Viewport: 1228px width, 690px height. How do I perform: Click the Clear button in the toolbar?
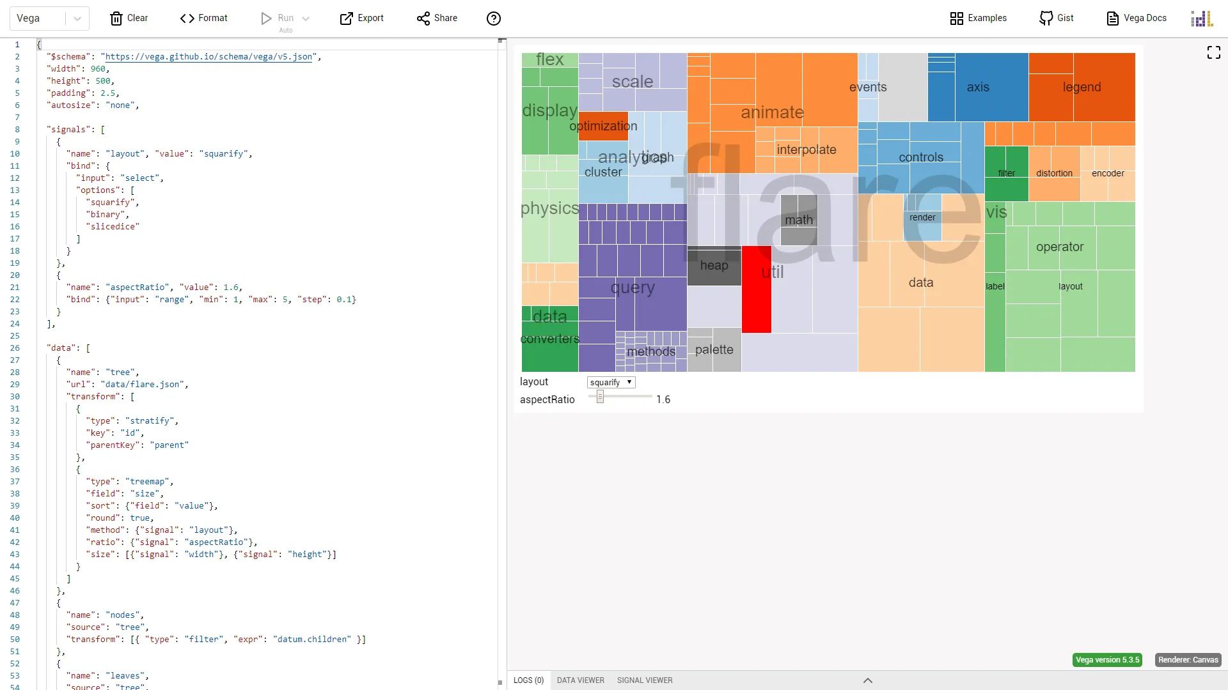129,18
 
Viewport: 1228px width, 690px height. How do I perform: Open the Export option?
361,18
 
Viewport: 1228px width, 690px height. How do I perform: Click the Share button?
437,18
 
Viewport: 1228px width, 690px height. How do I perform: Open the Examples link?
978,18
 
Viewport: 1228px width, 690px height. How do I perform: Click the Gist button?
1056,18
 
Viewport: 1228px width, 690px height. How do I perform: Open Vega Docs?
1137,18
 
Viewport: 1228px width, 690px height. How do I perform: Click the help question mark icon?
493,19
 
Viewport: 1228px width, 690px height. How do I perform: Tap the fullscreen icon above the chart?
1213,52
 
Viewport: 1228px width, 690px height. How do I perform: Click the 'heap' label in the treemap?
714,265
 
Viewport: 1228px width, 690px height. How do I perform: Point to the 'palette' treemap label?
714,349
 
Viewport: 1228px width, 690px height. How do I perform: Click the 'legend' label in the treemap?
1082,87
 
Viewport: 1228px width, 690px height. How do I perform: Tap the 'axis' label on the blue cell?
977,87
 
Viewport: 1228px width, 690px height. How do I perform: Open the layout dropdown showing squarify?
611,382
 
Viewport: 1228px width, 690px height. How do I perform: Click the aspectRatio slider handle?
600,397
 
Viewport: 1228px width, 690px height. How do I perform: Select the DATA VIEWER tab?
580,680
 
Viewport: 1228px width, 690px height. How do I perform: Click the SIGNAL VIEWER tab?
644,680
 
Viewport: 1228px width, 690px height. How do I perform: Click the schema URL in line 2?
209,57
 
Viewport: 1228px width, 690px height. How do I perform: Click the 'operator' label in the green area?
1059,247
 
